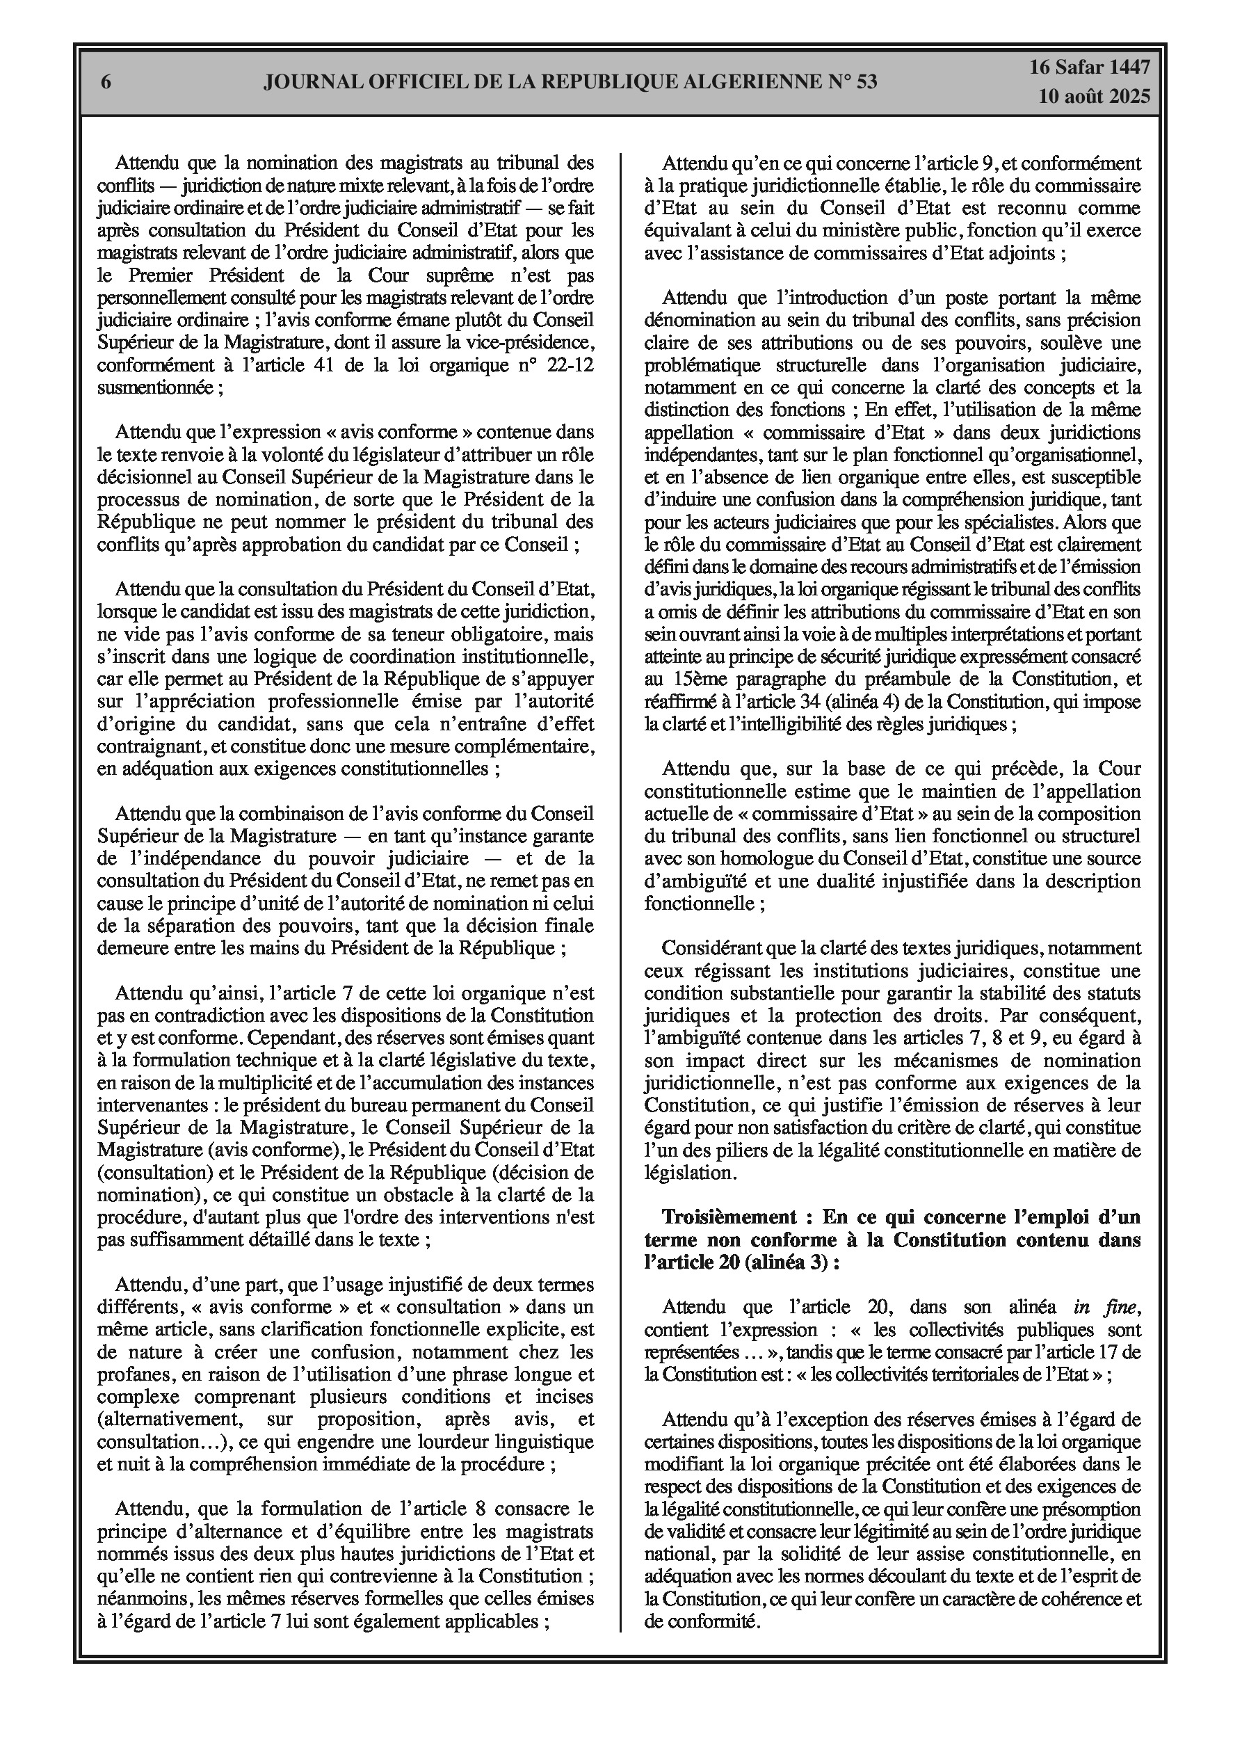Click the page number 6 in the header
pyautogui.click(x=106, y=83)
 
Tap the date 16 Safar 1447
pyautogui.click(x=1089, y=67)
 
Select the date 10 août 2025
pyautogui.click(x=1095, y=97)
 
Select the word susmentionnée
pyautogui.click(x=155, y=387)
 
